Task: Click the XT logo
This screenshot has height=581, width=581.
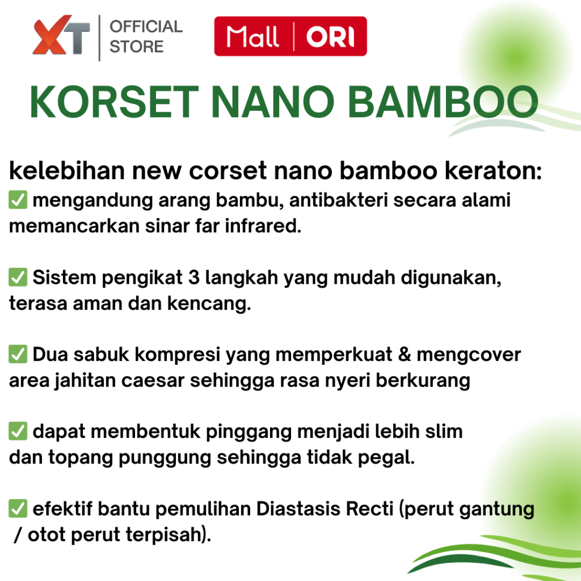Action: (61, 35)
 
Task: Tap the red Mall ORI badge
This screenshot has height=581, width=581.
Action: (290, 36)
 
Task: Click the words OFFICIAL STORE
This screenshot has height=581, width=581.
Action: (146, 37)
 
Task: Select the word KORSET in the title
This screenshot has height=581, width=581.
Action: (114, 102)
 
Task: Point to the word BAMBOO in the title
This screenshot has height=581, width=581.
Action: (443, 102)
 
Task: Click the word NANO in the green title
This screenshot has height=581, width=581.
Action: (273, 102)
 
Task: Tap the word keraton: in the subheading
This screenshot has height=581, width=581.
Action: (493, 171)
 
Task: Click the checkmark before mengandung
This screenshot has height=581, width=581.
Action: (18, 200)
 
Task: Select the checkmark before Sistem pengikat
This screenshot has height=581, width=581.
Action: (18, 277)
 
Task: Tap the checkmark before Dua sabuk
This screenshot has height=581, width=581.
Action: (18, 354)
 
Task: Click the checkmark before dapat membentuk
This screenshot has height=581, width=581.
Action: (18, 431)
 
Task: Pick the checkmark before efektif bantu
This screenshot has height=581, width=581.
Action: (18, 508)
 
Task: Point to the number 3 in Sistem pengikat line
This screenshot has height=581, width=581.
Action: (194, 277)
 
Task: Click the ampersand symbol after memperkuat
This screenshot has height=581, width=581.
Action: (404, 354)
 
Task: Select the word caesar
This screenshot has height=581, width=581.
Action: (153, 381)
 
